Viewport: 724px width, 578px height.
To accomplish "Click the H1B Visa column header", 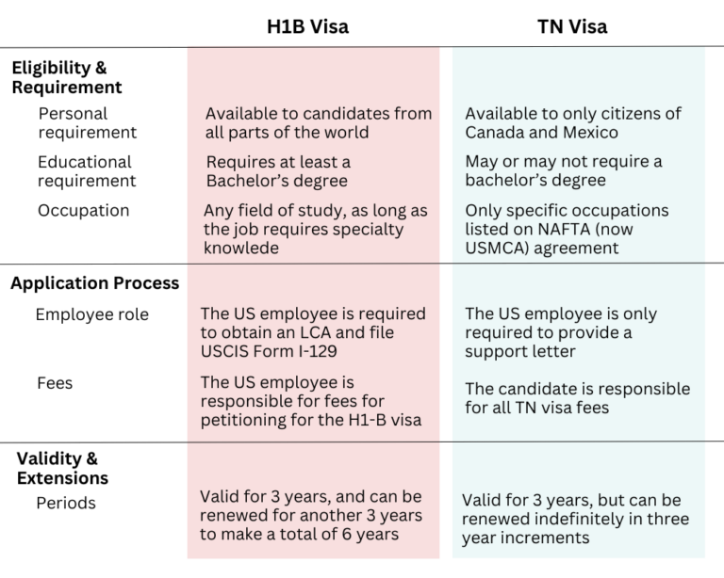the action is coord(307,26).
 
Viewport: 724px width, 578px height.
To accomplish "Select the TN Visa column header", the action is coord(572,26).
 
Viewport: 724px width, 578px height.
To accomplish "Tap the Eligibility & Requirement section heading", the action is coord(66,77).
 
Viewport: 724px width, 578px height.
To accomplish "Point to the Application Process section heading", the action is coord(94,282).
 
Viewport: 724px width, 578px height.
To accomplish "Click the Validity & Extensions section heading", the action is coord(62,468).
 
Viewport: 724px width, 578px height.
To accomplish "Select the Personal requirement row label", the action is coord(87,122).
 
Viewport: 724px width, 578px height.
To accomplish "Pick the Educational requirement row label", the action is coord(87,171).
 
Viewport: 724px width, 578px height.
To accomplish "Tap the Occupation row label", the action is coord(83,210).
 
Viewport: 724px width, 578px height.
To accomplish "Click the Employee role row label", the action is coord(91,314).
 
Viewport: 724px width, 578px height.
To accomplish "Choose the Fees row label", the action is coord(56,384).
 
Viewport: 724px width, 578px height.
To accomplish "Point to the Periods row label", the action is coord(66,503).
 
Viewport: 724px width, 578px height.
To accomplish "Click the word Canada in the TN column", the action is coord(496,133).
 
